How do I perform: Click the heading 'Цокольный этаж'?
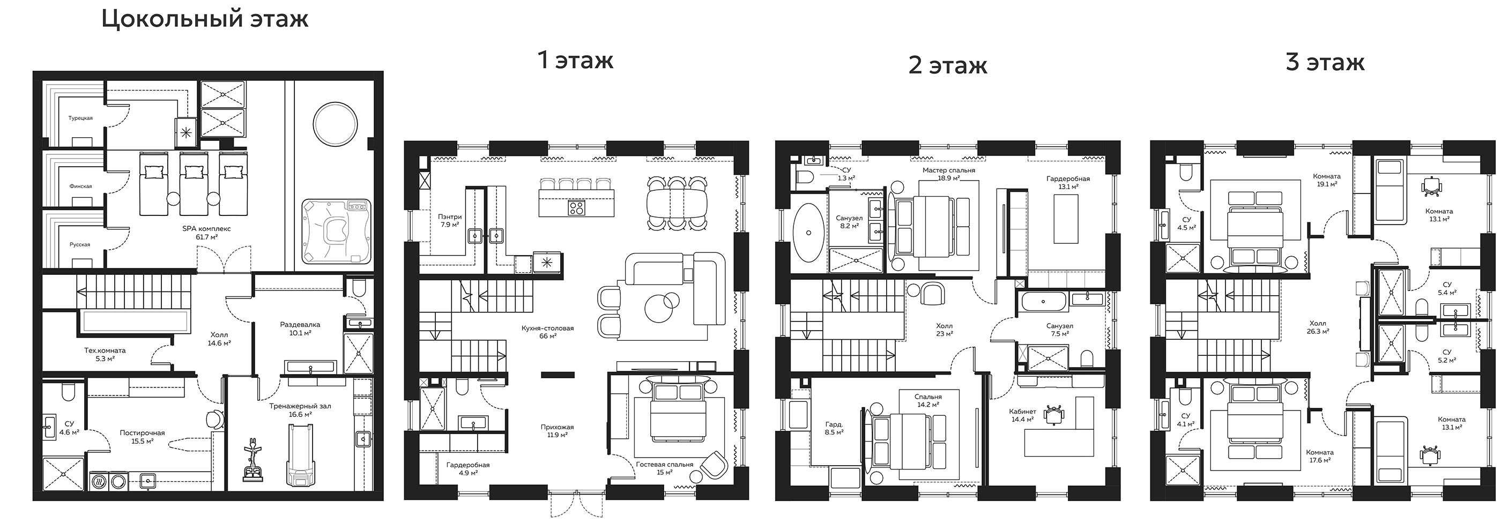[205, 19]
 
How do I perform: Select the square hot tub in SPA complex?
[336, 230]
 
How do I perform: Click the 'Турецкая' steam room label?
[80, 118]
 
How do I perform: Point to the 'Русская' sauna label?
[80, 244]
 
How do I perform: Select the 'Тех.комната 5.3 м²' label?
[105, 354]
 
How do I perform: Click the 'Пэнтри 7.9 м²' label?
[450, 220]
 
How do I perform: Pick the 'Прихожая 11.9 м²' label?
[554, 430]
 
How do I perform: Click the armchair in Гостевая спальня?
[714, 465]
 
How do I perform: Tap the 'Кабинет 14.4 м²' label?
[1023, 415]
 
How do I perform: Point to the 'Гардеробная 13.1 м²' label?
[1067, 183]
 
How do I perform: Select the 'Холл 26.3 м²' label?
[1318, 327]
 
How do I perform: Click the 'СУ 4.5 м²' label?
[1186, 223]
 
